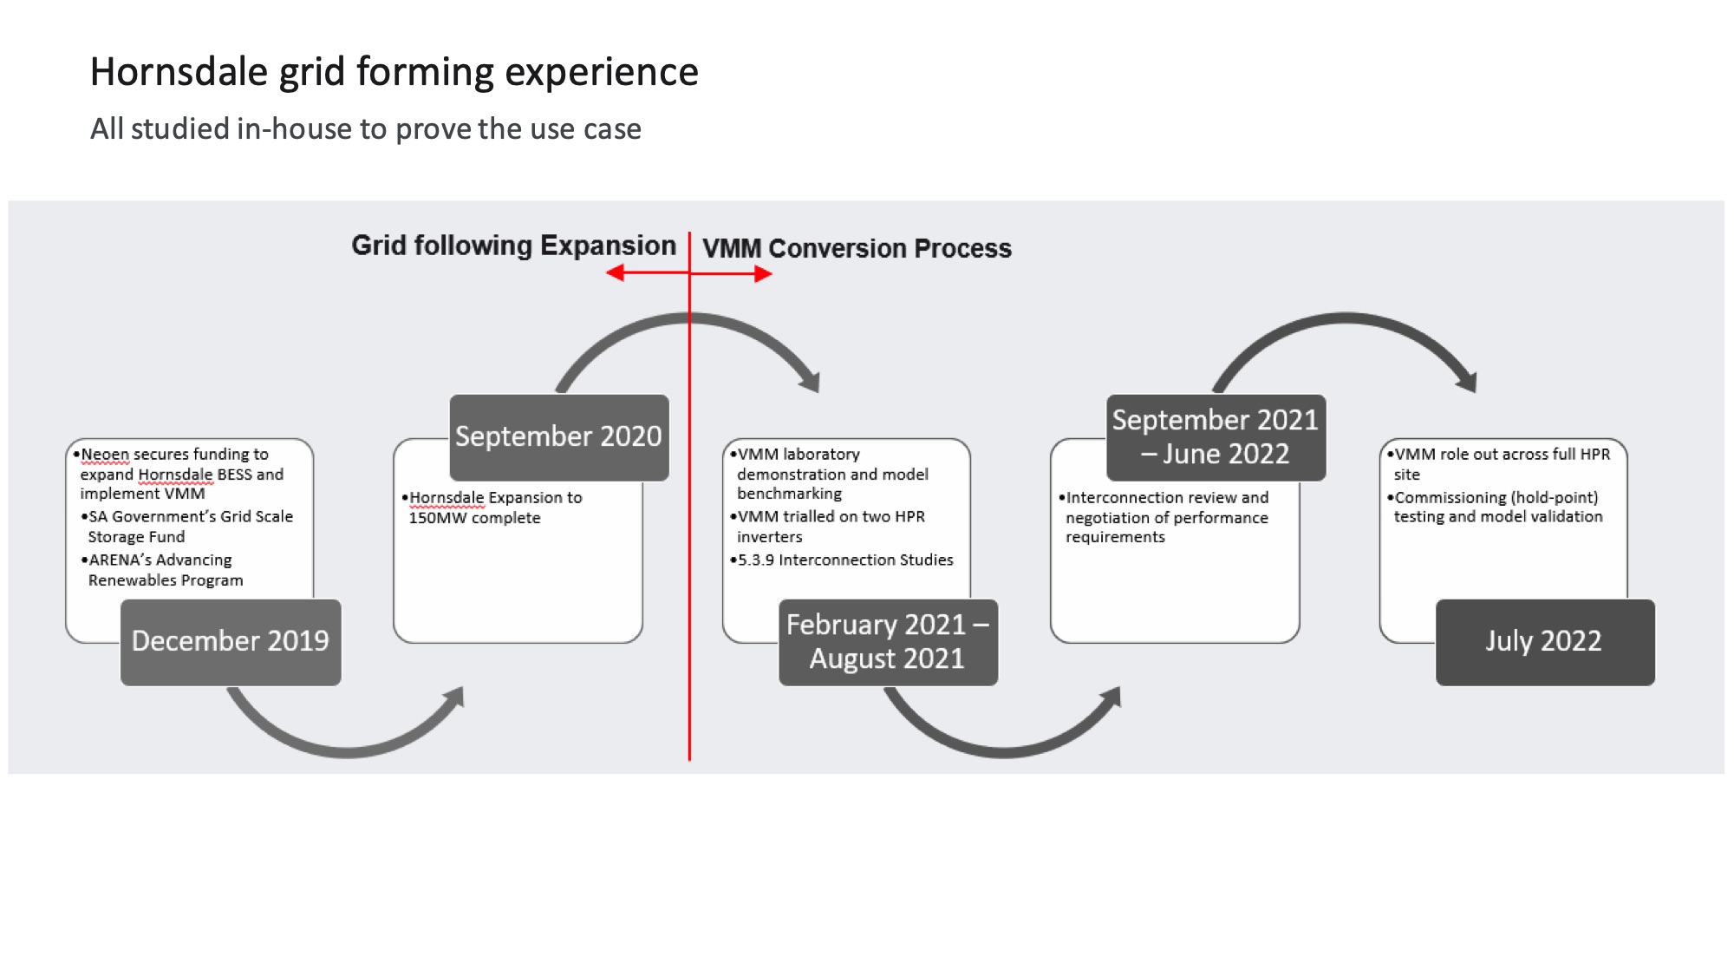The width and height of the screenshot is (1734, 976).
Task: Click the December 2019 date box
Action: tap(231, 641)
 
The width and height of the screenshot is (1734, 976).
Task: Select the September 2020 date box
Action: tap(558, 436)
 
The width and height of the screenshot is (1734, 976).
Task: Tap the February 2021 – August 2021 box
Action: tap(888, 641)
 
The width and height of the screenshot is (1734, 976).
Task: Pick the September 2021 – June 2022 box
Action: tap(1216, 436)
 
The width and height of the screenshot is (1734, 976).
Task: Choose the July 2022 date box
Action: tap(1544, 641)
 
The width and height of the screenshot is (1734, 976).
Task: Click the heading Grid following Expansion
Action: tap(513, 246)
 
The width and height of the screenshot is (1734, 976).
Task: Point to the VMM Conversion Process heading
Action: tap(857, 248)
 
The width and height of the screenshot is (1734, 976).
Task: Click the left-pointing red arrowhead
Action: tap(616, 273)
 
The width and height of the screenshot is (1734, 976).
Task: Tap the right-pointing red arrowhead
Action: tap(763, 274)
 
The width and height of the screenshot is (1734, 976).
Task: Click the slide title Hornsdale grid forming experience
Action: tap(394, 71)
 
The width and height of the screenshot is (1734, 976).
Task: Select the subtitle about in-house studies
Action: tap(365, 129)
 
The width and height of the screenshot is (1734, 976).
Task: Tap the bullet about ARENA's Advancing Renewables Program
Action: tap(165, 570)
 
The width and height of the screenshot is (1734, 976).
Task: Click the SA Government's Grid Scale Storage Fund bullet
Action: tap(190, 527)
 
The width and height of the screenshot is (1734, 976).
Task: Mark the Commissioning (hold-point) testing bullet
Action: tap(1497, 507)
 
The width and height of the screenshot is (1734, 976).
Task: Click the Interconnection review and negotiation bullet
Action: tap(1166, 517)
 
